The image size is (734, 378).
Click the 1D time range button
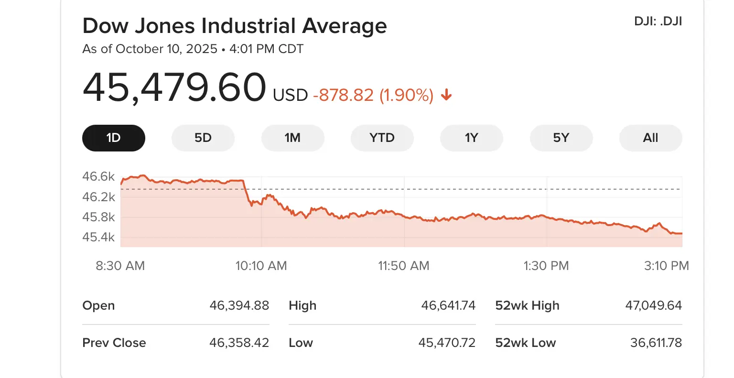pos(114,138)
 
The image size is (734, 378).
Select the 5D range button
pos(203,138)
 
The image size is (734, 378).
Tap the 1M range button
pos(292,138)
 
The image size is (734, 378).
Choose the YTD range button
pos(382,138)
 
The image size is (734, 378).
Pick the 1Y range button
pos(471,138)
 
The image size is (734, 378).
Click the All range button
pos(650,138)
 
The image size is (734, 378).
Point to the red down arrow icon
pos(446,95)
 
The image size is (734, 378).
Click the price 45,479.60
pos(174,88)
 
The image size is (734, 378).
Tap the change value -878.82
pos(343,95)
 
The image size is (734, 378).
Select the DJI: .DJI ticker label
pos(658,22)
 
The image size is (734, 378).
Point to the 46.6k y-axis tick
pos(98,176)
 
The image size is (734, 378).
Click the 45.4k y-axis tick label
pos(98,237)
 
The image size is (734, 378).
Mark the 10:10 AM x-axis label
pos(261,266)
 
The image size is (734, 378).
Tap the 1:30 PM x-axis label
pos(546,266)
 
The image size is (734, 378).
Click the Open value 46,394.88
pos(239,305)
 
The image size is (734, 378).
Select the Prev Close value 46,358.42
pos(239,343)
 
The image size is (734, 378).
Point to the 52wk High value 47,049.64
pos(653,305)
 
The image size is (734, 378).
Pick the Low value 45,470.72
pos(447,343)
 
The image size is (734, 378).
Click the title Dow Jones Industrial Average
pos(235,26)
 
